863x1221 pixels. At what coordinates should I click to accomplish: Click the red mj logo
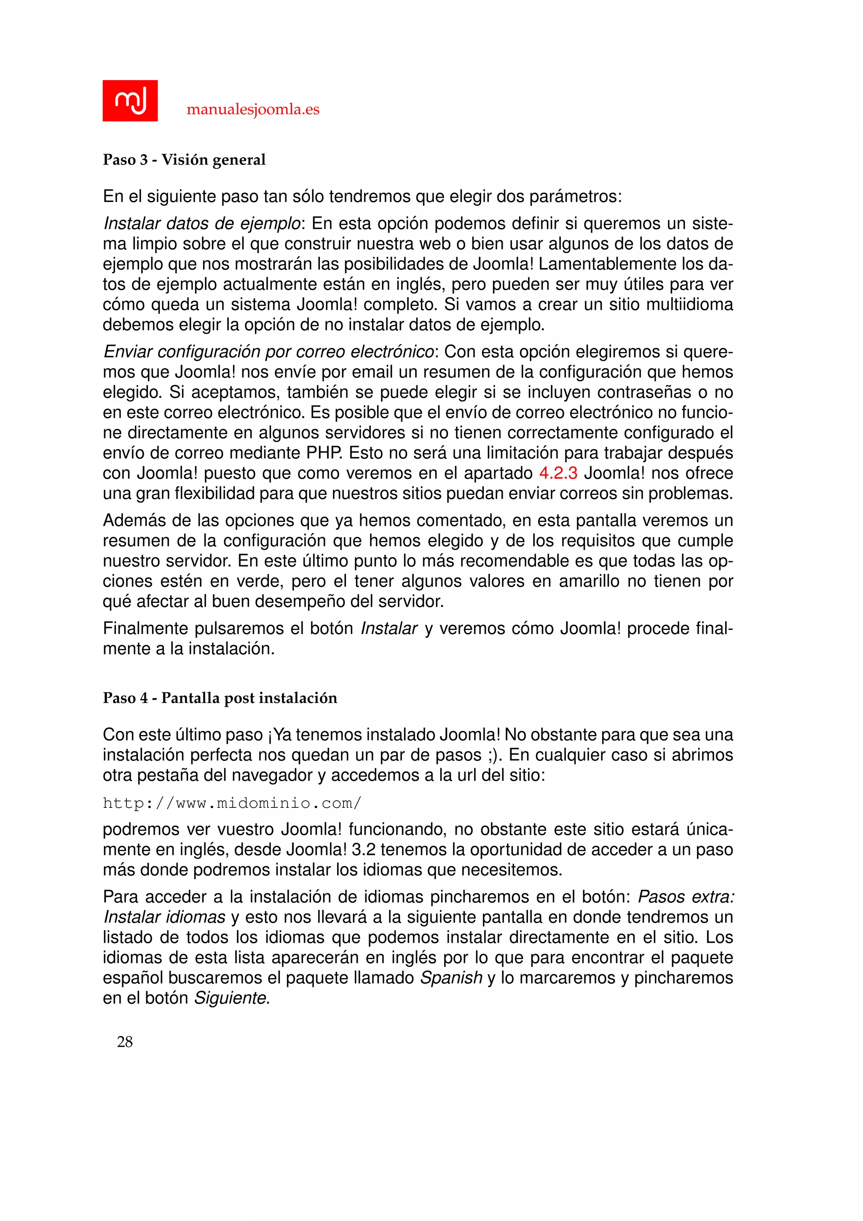click(x=130, y=100)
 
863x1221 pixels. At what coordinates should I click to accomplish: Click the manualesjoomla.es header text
click(x=253, y=110)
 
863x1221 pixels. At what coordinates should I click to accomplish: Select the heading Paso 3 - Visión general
click(x=184, y=159)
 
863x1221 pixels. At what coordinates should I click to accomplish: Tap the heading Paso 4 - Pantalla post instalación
click(x=220, y=698)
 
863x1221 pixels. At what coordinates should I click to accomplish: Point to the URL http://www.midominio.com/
click(x=232, y=803)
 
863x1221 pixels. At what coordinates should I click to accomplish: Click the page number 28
click(x=125, y=1042)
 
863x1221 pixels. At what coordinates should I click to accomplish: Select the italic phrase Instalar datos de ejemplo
click(x=202, y=223)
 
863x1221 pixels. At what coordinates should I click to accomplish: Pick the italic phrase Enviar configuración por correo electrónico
click(x=269, y=352)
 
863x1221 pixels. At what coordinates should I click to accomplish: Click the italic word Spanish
click(x=451, y=977)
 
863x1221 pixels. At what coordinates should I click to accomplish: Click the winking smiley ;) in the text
click(x=494, y=755)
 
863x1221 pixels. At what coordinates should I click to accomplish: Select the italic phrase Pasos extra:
click(x=686, y=897)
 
